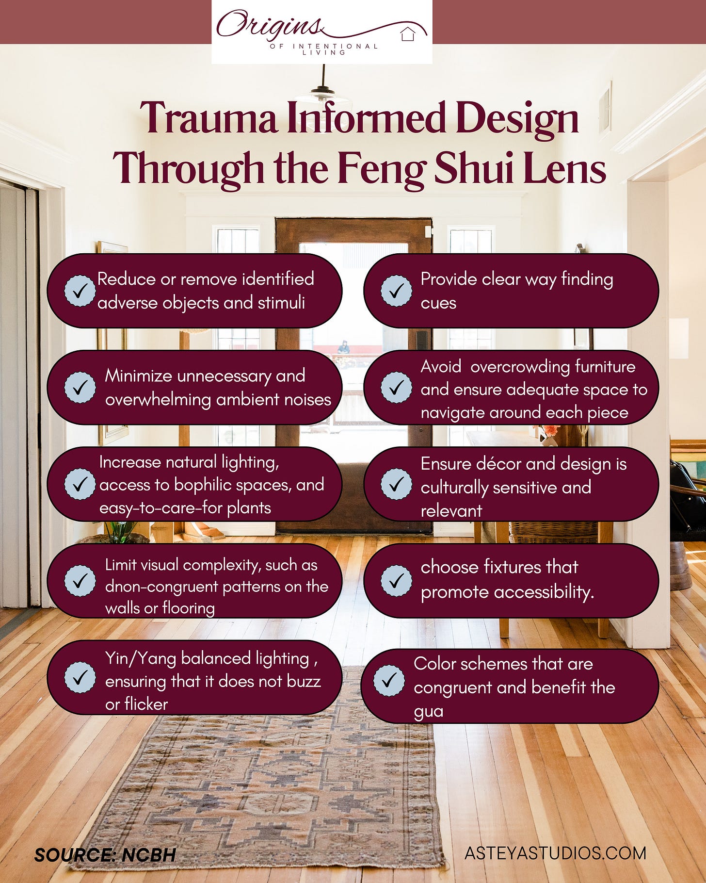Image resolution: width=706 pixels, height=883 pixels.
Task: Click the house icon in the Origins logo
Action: [x=408, y=34]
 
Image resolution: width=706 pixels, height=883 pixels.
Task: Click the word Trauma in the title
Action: [x=209, y=118]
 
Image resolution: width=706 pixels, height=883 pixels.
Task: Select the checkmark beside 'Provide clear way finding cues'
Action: [x=396, y=291]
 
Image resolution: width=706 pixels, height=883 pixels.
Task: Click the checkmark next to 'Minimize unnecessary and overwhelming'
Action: [x=80, y=387]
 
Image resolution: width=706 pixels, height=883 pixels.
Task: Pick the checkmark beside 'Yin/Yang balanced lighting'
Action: [x=80, y=677]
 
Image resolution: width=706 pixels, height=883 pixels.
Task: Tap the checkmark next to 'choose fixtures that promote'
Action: [x=396, y=580]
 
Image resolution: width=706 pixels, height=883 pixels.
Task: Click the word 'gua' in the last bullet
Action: [x=428, y=711]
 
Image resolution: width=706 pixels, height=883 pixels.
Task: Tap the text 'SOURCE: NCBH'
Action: [x=105, y=855]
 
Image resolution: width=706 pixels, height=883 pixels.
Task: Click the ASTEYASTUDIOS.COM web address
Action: [x=555, y=853]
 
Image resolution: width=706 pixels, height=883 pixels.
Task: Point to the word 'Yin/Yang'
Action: [x=141, y=658]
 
